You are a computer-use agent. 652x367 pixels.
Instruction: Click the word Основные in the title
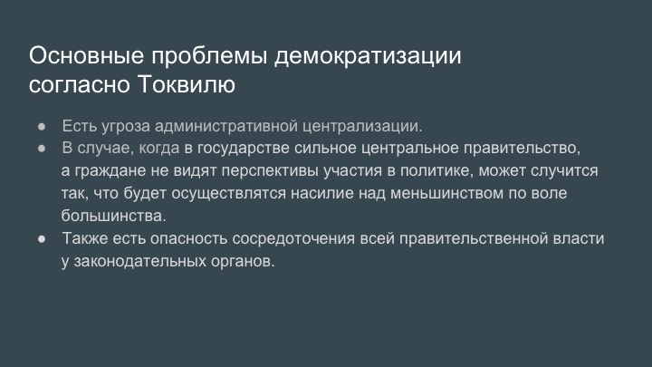coord(87,55)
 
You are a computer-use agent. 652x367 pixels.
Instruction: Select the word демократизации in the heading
coord(368,56)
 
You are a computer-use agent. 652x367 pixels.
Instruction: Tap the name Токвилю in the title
coord(187,84)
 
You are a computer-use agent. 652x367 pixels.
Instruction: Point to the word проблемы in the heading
coord(209,57)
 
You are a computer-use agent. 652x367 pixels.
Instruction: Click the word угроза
coord(126,127)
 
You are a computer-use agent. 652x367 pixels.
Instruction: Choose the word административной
coord(226,127)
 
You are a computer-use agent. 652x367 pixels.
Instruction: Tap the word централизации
coord(361,127)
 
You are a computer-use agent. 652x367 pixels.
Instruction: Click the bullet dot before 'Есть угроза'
coord(42,126)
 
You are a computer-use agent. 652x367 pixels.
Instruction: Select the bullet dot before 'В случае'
coord(42,148)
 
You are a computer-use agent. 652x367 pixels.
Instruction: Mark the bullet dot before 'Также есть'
coord(42,239)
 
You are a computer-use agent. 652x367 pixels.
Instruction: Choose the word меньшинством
coord(446,194)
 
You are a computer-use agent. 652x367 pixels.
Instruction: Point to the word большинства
coord(113,216)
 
